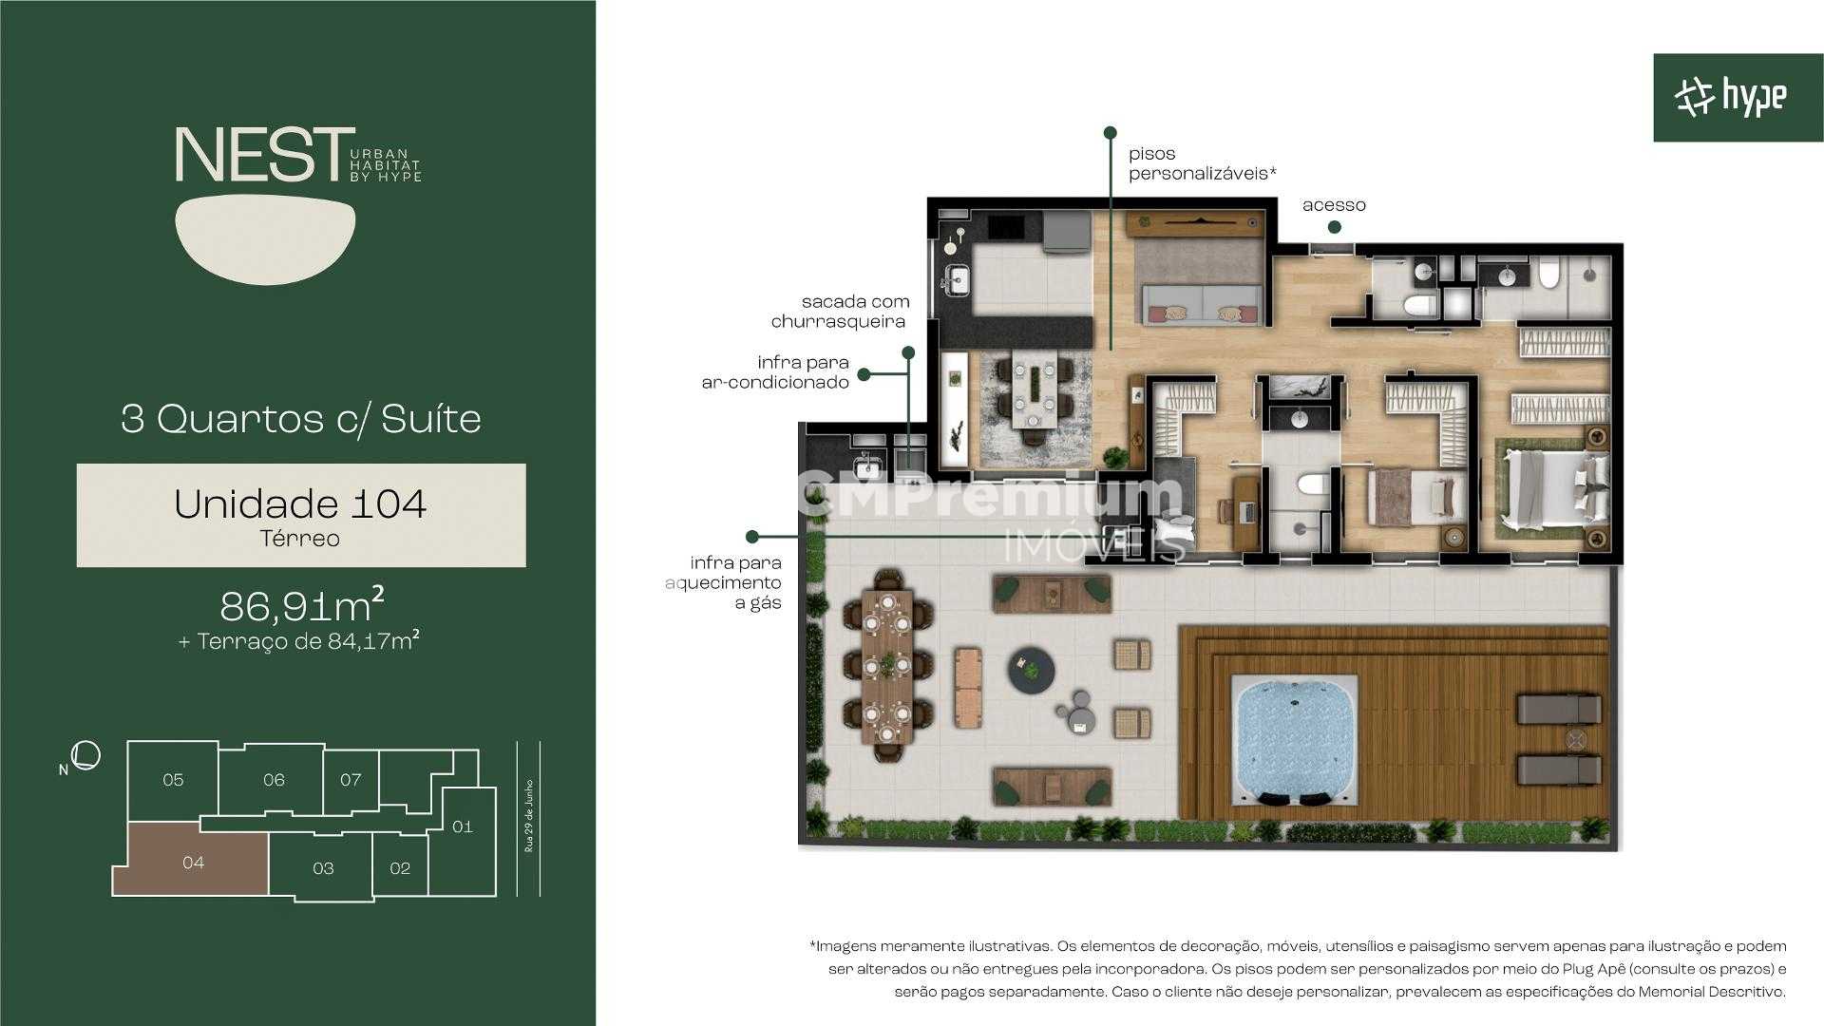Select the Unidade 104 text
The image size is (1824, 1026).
[x=300, y=503]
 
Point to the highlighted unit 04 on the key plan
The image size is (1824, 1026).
[x=193, y=862]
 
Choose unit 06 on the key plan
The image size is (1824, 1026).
[x=274, y=779]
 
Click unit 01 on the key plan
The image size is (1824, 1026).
[x=462, y=826]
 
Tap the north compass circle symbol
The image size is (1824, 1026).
[x=86, y=755]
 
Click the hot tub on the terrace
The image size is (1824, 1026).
[x=1295, y=738]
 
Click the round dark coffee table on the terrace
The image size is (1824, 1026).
[x=1032, y=669]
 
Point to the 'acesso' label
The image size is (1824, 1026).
[x=1334, y=205]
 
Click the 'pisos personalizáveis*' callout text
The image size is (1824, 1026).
[x=1202, y=163]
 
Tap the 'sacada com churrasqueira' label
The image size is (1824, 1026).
[x=840, y=312]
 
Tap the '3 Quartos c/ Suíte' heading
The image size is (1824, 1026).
[x=301, y=419]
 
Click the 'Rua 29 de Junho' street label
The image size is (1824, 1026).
[x=529, y=817]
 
